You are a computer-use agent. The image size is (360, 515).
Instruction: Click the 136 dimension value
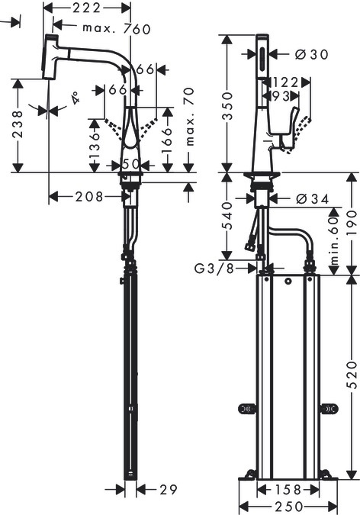click(x=94, y=145)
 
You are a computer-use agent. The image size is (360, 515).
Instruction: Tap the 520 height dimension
click(x=352, y=375)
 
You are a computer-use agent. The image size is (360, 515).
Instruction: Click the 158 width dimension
click(x=286, y=489)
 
